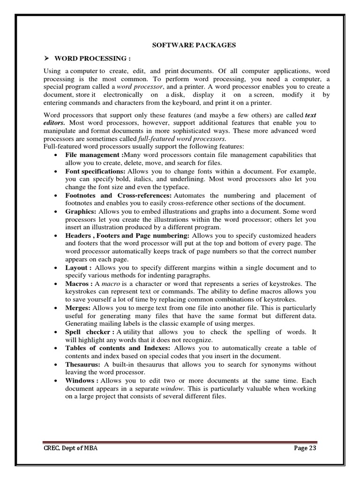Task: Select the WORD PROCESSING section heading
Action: [92, 59]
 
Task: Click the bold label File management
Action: [93, 155]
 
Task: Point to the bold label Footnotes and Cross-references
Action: [119, 195]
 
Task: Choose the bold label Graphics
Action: [81, 212]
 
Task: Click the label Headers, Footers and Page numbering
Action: [127, 235]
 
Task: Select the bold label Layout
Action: [78, 268]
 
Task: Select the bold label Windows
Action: [82, 381]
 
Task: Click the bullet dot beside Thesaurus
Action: [56, 365]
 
